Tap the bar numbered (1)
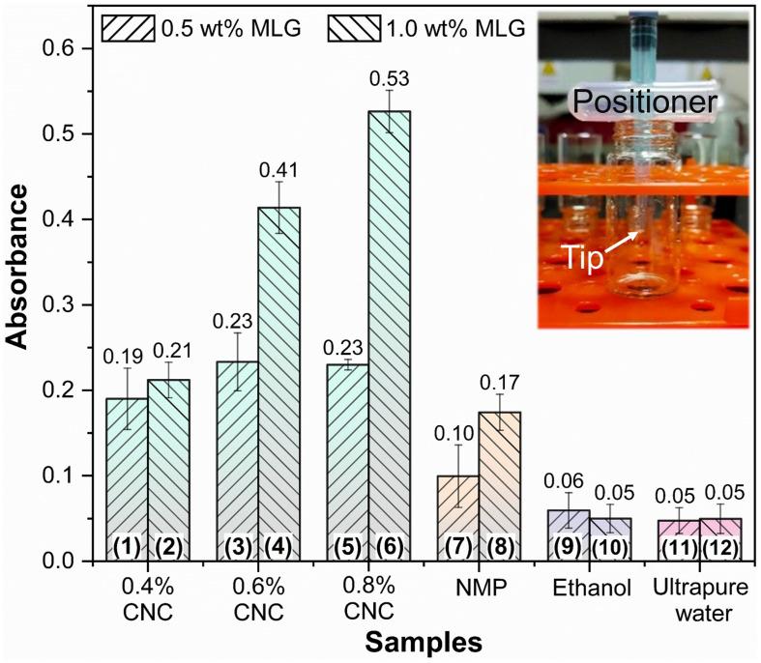(126, 474)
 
